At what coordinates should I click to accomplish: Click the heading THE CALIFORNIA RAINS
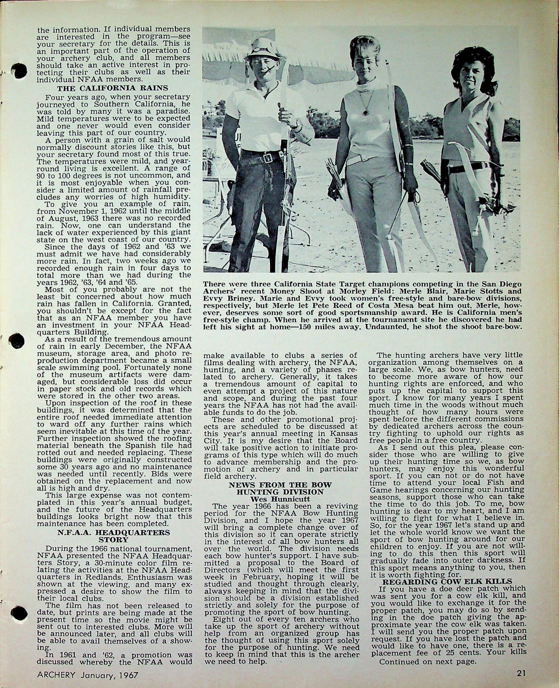coord(112,88)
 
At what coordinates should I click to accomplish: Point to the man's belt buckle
coord(268,158)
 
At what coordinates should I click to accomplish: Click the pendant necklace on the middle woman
coord(365,112)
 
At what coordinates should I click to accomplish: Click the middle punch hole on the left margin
coord(17,341)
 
